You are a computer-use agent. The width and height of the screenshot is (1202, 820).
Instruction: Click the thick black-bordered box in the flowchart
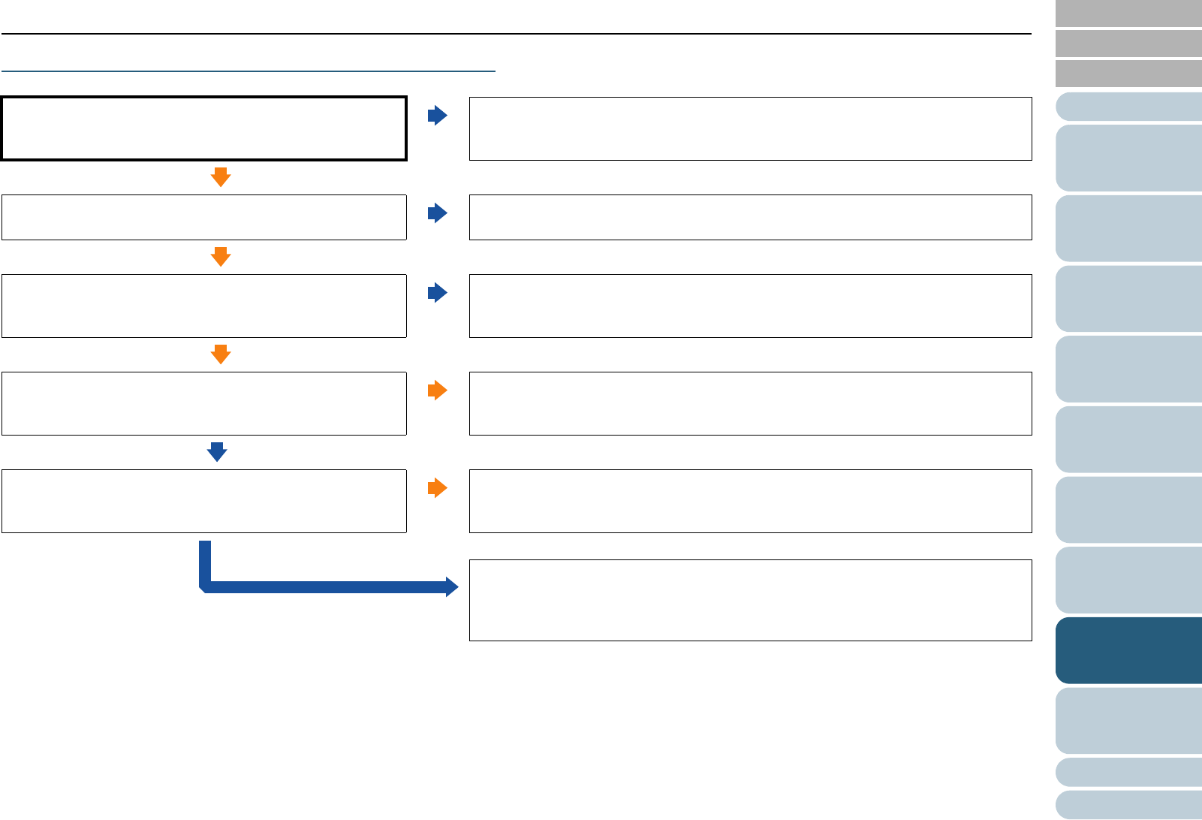tap(203, 128)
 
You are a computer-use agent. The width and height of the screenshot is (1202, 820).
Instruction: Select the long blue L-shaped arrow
tap(323, 586)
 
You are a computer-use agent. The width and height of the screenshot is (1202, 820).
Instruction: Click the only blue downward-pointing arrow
tap(217, 452)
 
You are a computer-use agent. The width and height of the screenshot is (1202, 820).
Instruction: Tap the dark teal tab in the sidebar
tap(1128, 650)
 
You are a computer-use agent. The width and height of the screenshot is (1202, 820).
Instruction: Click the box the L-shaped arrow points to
tap(750, 600)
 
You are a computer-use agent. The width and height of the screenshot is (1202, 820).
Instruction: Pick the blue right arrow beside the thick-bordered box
tap(437, 116)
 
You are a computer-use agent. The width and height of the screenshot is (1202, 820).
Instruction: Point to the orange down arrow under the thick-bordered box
tap(220, 177)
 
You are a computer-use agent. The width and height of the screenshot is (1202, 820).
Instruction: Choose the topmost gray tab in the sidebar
tap(1128, 14)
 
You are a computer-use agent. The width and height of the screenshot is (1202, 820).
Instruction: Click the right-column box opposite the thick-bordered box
tap(750, 128)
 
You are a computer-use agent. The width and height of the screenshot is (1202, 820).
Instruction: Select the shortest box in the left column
tap(203, 217)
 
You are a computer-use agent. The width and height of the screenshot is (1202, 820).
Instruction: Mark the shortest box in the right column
tap(750, 217)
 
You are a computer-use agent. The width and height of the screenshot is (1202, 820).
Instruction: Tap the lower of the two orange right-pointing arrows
tap(437, 488)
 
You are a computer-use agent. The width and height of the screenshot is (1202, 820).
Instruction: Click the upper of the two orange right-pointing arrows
tap(437, 390)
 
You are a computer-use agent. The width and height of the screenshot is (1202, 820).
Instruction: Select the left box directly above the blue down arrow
tap(203, 403)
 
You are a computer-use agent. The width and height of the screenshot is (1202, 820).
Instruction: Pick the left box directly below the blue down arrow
tap(203, 501)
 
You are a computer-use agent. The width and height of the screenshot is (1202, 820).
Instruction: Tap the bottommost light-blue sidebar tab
tap(1128, 804)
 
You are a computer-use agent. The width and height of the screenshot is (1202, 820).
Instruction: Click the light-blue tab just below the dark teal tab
tap(1128, 721)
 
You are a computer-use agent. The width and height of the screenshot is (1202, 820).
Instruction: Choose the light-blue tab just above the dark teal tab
tap(1128, 580)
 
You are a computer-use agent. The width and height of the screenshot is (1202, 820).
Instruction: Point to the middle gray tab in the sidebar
tap(1128, 44)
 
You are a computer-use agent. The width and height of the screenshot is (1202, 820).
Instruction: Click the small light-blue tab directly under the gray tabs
tap(1128, 107)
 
